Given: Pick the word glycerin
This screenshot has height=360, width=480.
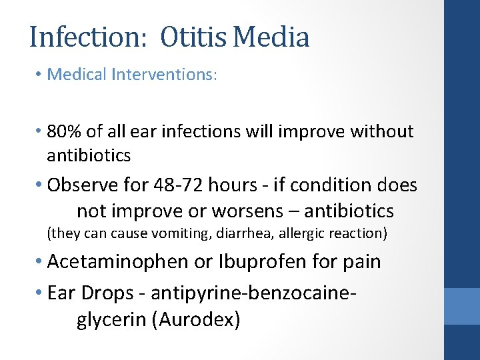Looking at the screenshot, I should coord(112,320).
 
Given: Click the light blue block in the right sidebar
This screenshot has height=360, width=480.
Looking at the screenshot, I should coord(462,306).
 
